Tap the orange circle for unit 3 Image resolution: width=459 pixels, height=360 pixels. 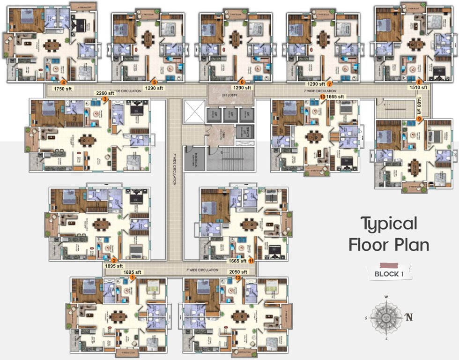105,99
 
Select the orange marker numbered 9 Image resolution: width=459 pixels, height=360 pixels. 419,119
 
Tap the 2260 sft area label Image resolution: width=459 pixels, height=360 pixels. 104,93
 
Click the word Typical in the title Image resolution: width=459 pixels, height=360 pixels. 389,224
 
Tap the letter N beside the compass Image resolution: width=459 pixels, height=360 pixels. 409,317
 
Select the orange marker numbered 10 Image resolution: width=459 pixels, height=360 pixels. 322,97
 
